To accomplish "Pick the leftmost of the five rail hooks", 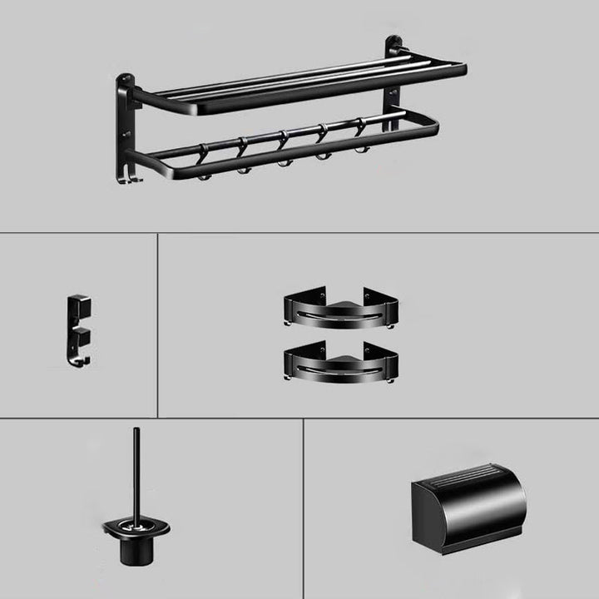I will (x=202, y=158).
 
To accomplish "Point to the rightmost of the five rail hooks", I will (x=360, y=133).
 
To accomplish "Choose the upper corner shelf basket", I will (x=341, y=309).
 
